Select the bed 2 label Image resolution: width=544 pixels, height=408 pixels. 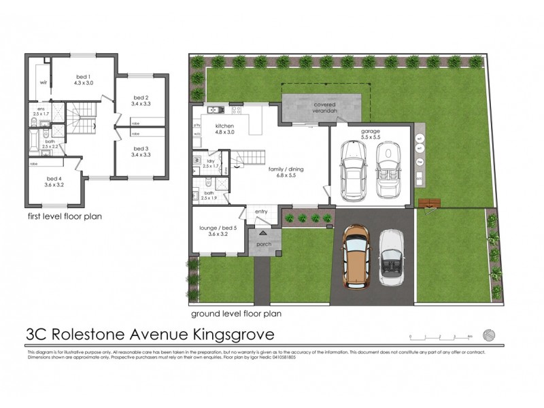point(140,100)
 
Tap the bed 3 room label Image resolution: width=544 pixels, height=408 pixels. point(140,151)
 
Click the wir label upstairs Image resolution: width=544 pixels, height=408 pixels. point(42,83)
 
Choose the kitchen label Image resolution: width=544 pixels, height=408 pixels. point(224,129)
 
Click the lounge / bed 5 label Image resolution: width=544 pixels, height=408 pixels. point(210,231)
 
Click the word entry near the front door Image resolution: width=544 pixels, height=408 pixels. point(261,212)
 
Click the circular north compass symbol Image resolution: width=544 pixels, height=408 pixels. point(488,335)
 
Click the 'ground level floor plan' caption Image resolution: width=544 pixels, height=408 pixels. point(236,314)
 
